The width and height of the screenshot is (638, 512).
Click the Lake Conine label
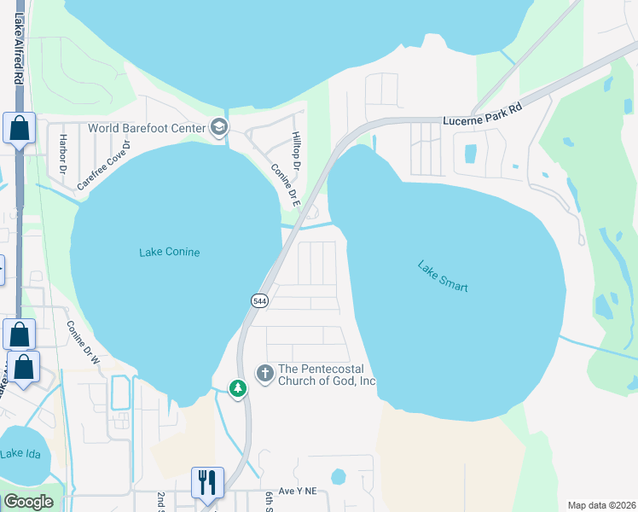pos(169,252)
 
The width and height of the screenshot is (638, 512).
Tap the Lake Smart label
pos(443,276)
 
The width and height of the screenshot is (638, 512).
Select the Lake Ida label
pos(18,453)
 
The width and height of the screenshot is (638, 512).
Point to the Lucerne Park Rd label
pos(482,115)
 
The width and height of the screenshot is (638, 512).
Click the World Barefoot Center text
pos(147,128)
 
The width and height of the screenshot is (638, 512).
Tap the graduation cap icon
pos(219,128)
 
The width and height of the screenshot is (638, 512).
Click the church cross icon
pos(264,373)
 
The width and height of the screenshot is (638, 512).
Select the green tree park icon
pos(239,389)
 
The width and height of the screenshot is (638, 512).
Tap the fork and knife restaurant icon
pos(208,482)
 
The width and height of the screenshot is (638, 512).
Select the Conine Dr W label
pos(84,341)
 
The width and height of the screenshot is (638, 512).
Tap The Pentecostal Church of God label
pos(327,375)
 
